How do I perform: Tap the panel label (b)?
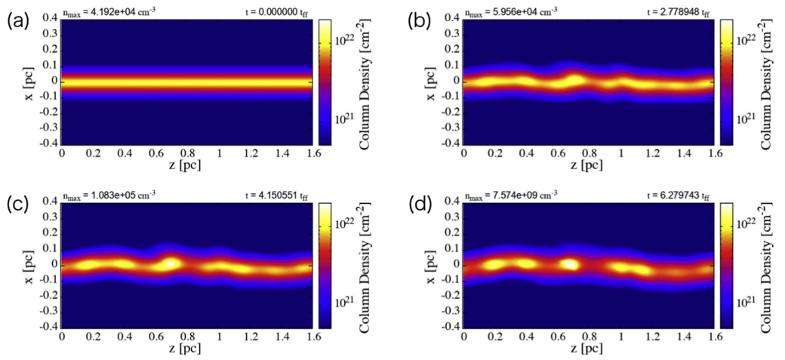(x=420, y=22)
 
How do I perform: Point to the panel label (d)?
(x=420, y=206)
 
